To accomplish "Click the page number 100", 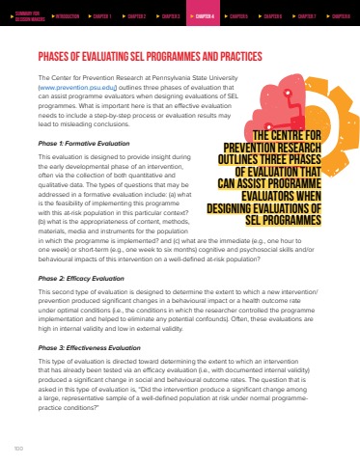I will [16, 447].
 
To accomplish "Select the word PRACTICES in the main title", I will [227, 56].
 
